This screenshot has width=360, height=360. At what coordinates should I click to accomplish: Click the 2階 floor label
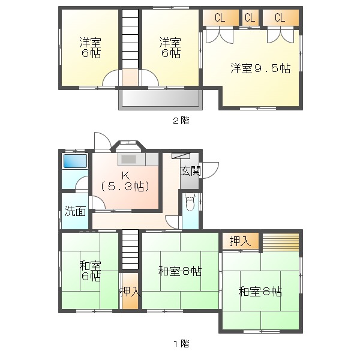click(181, 120)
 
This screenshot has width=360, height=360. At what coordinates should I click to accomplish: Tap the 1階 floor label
click(181, 344)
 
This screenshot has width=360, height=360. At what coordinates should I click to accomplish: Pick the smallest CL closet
click(250, 17)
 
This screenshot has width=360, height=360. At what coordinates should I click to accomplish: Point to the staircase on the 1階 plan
click(130, 251)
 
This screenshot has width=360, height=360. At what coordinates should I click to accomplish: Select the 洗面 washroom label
click(75, 211)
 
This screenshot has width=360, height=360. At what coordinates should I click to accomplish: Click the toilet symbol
click(190, 204)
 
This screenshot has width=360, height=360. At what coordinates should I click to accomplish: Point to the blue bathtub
click(75, 161)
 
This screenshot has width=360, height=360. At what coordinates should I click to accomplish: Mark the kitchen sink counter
click(138, 160)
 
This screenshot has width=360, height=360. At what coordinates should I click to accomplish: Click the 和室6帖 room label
click(91, 271)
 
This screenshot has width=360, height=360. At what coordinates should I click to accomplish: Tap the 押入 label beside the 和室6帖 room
click(130, 292)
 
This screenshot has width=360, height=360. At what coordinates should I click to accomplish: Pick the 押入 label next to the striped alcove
click(240, 241)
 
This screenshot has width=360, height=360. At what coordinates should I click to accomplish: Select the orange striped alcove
click(280, 241)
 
